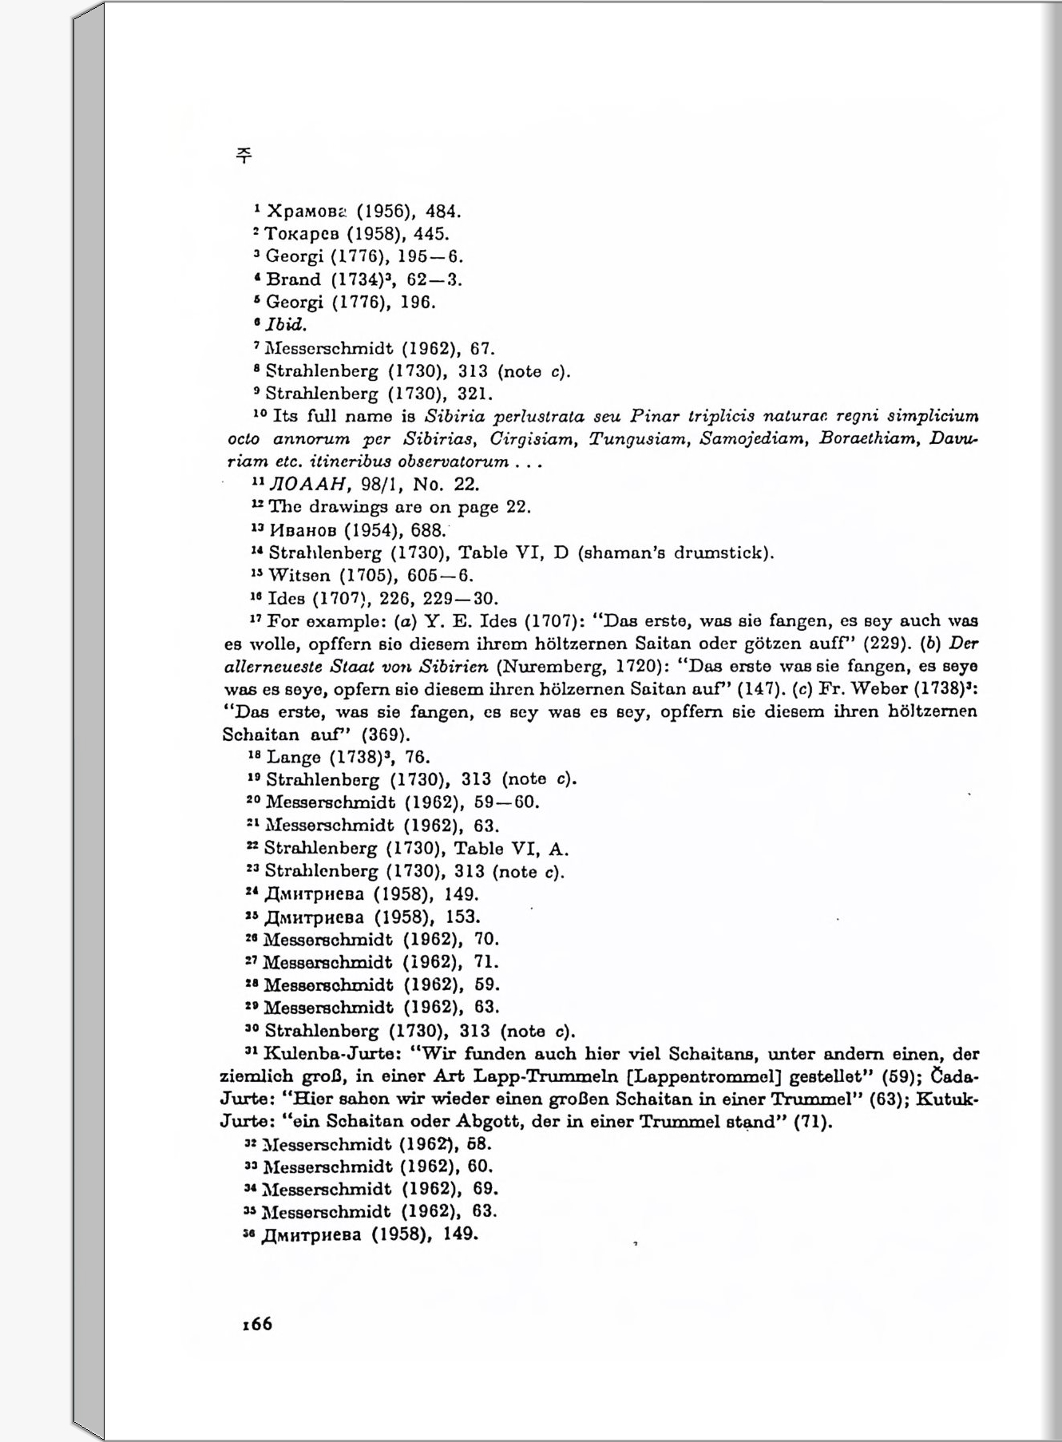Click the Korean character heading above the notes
[244, 156]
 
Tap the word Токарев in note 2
[303, 234]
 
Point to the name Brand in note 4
[293, 279]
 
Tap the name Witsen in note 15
[299, 575]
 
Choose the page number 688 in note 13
[427, 530]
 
